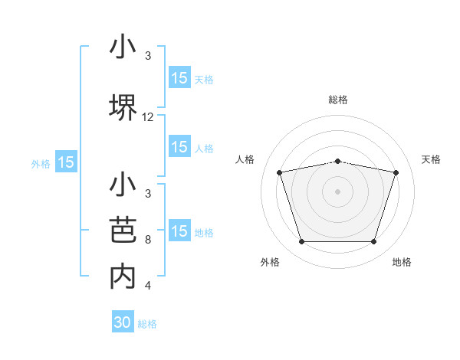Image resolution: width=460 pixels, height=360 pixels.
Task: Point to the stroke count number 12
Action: tap(148, 117)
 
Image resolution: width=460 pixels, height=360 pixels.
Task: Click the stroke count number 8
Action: tap(148, 240)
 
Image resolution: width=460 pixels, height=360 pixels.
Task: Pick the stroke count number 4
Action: tap(148, 286)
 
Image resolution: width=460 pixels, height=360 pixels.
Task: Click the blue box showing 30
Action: tap(123, 322)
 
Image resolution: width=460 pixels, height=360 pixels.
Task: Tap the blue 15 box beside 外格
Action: tap(66, 162)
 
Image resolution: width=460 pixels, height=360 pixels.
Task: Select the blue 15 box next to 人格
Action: tap(179, 148)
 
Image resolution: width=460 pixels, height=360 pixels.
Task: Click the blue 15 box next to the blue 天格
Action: tap(179, 78)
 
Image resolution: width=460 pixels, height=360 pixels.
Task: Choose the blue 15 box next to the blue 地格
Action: tap(179, 231)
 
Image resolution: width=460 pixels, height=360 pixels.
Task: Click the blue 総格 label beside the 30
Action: tap(147, 324)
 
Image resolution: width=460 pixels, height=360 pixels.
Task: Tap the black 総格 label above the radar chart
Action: tap(337, 100)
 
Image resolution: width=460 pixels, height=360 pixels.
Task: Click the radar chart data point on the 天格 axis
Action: tap(396, 172)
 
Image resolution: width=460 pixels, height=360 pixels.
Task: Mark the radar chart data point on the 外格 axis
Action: tap(301, 242)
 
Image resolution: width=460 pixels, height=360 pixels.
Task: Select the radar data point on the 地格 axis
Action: tap(373, 242)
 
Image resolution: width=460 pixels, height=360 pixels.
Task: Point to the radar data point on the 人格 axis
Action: tap(279, 172)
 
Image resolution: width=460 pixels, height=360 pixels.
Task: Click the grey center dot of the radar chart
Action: tap(337, 191)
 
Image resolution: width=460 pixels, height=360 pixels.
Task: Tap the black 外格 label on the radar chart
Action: tap(270, 262)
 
